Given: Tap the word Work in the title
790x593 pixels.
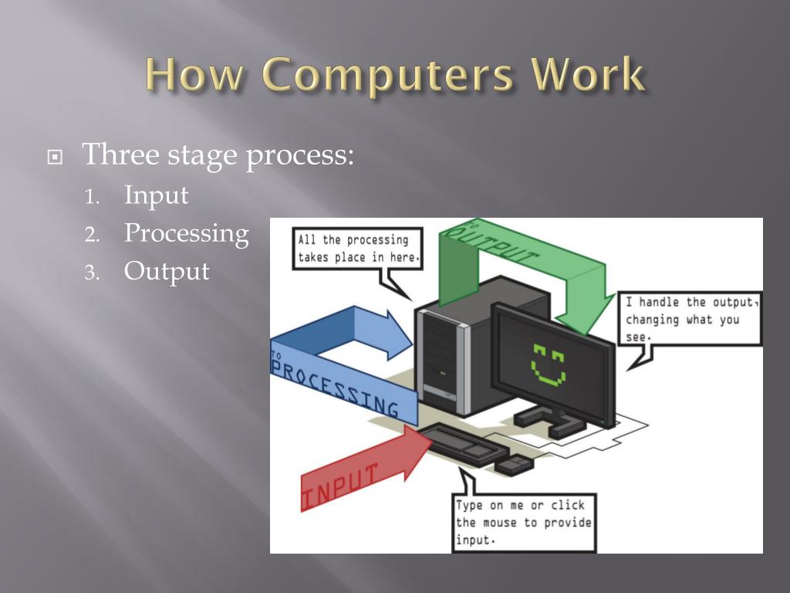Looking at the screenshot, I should (588, 76).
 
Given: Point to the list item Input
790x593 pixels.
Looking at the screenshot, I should (156, 195).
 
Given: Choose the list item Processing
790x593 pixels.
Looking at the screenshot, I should (186, 233).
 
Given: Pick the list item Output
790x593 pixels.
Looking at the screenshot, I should (167, 271).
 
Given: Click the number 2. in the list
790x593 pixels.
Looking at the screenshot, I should (93, 234).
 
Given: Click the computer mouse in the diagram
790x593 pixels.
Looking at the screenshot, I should (513, 463).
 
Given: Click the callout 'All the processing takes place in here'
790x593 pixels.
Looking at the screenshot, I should (358, 248).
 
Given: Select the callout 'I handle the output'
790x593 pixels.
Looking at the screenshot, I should (691, 319).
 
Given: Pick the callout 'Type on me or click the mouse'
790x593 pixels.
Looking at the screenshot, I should (524, 522).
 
